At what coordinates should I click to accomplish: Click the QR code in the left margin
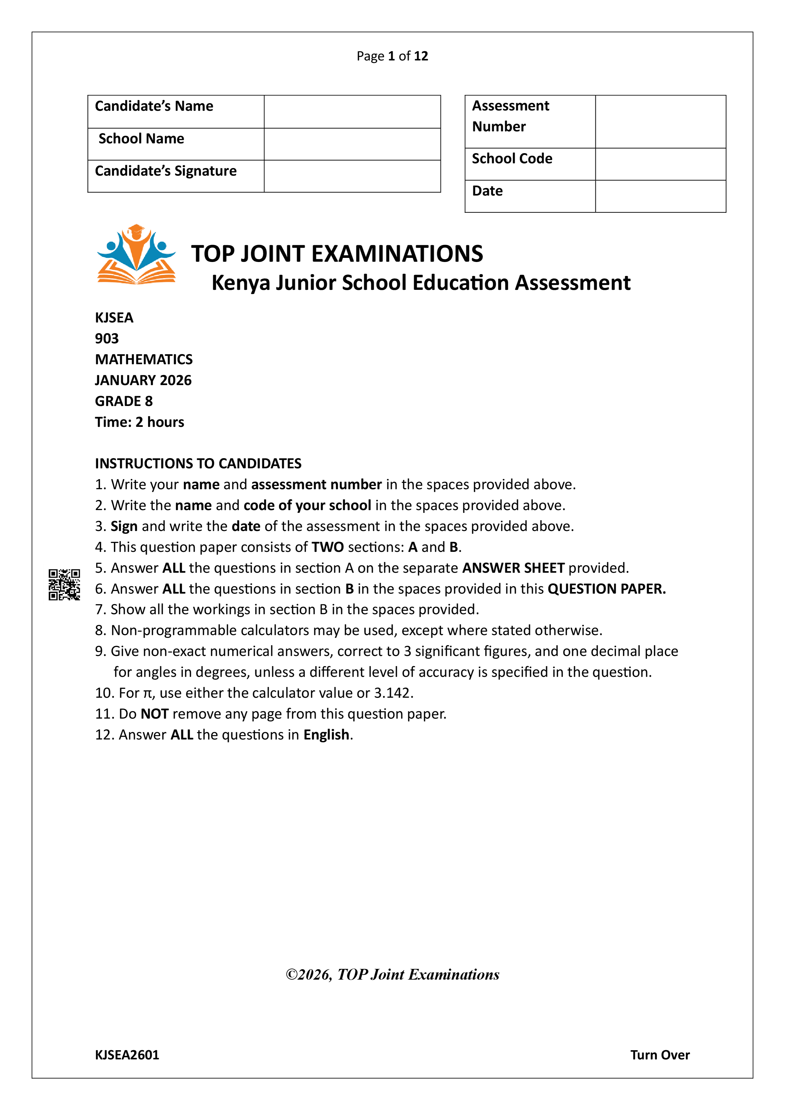coord(64,584)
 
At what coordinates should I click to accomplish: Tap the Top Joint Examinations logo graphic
coord(136,254)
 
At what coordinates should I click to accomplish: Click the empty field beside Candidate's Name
coord(352,112)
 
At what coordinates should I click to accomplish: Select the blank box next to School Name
coord(352,144)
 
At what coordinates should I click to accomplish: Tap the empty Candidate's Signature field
coord(352,176)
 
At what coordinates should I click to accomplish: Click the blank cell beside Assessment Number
coord(660,121)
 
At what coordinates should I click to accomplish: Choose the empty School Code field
coord(660,164)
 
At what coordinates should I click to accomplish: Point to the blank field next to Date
coord(660,196)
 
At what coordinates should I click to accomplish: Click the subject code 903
coord(107,339)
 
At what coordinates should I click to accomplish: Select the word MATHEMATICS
coord(144,359)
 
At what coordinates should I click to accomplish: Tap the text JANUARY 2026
coord(143,380)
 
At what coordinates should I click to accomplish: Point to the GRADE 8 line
coord(124,401)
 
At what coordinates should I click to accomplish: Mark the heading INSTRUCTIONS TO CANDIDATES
coord(198,463)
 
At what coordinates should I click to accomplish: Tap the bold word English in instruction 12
coord(326,734)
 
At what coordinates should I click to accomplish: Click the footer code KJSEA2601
coord(127,1055)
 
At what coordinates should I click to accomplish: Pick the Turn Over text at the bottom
coord(660,1055)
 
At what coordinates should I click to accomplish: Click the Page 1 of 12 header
coord(392,56)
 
